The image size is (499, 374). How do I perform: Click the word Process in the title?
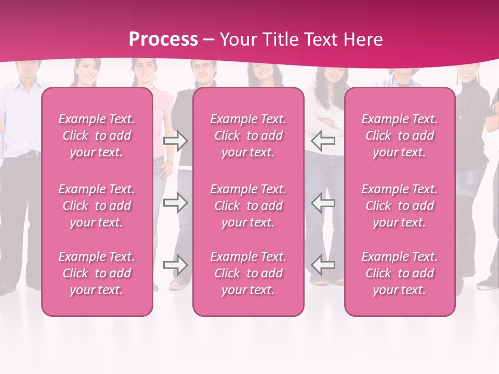[163, 39]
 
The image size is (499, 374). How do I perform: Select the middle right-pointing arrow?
[175, 203]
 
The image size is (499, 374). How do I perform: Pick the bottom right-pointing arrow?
[175, 265]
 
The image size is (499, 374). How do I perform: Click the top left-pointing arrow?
[323, 140]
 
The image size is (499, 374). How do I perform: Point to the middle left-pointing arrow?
[323, 203]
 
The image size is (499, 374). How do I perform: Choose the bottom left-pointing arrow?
[323, 265]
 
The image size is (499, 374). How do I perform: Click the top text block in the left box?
[97, 136]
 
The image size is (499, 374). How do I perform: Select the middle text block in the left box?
[97, 206]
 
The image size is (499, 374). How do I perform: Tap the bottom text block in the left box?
[97, 273]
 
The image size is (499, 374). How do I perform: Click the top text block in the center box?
[248, 136]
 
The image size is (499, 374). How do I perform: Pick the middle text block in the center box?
[248, 206]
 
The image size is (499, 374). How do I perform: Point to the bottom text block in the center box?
[248, 273]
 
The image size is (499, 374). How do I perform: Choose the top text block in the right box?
[399, 136]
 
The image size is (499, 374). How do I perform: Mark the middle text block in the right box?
[399, 206]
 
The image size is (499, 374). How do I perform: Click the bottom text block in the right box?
[399, 273]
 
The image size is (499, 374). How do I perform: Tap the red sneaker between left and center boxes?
[178, 283]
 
